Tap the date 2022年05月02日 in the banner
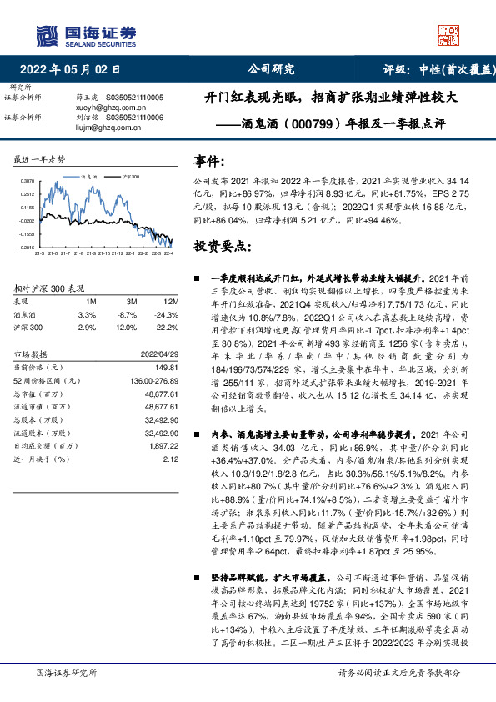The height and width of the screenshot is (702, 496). click(75, 70)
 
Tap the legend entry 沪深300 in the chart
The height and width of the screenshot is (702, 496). click(131, 178)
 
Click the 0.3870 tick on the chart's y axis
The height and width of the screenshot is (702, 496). click(28, 181)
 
